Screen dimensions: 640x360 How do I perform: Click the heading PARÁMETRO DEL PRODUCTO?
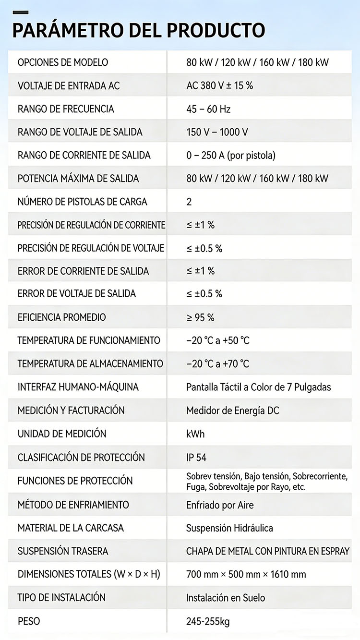(x=138, y=30)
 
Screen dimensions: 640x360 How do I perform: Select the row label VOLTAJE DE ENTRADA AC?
(x=69, y=86)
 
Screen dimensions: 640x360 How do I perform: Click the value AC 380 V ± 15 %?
(x=219, y=86)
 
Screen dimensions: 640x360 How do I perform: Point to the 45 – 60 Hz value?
(x=208, y=109)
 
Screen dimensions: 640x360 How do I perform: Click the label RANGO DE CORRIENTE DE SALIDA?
(x=84, y=155)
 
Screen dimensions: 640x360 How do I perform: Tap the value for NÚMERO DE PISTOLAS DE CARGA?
(x=189, y=202)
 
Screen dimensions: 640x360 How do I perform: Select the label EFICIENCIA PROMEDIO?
(x=61, y=317)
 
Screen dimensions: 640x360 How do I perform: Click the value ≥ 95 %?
(x=200, y=317)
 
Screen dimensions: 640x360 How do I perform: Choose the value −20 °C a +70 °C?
(x=218, y=364)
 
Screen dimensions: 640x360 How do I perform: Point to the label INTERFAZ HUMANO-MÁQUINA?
(x=78, y=387)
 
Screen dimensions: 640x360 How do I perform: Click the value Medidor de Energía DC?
(x=233, y=411)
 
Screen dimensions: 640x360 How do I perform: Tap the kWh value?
(x=195, y=434)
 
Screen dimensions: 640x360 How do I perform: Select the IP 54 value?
(x=196, y=458)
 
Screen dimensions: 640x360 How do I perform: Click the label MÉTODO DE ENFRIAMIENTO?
(x=73, y=505)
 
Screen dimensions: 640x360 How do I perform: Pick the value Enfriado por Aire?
(x=220, y=505)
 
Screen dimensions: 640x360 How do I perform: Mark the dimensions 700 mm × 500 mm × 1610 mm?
(x=246, y=574)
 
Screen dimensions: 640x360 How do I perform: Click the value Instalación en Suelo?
(x=226, y=598)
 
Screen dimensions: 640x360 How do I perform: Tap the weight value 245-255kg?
(x=208, y=622)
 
